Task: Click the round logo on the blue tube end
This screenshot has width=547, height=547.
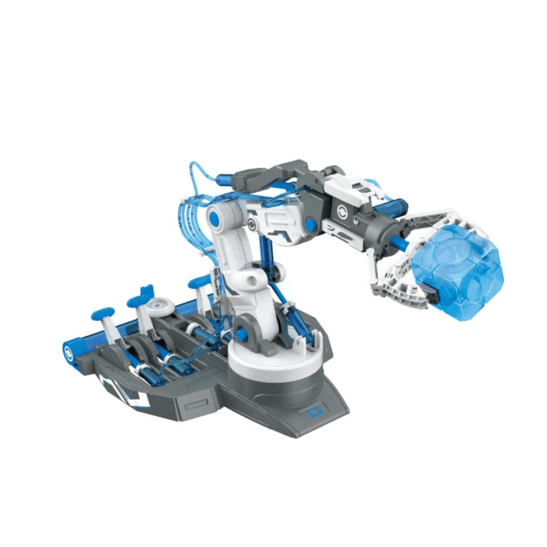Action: click(x=68, y=353)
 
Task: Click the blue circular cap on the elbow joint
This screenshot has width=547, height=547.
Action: click(x=215, y=219)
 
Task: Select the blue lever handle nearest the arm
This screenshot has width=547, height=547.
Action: click(x=199, y=282)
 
